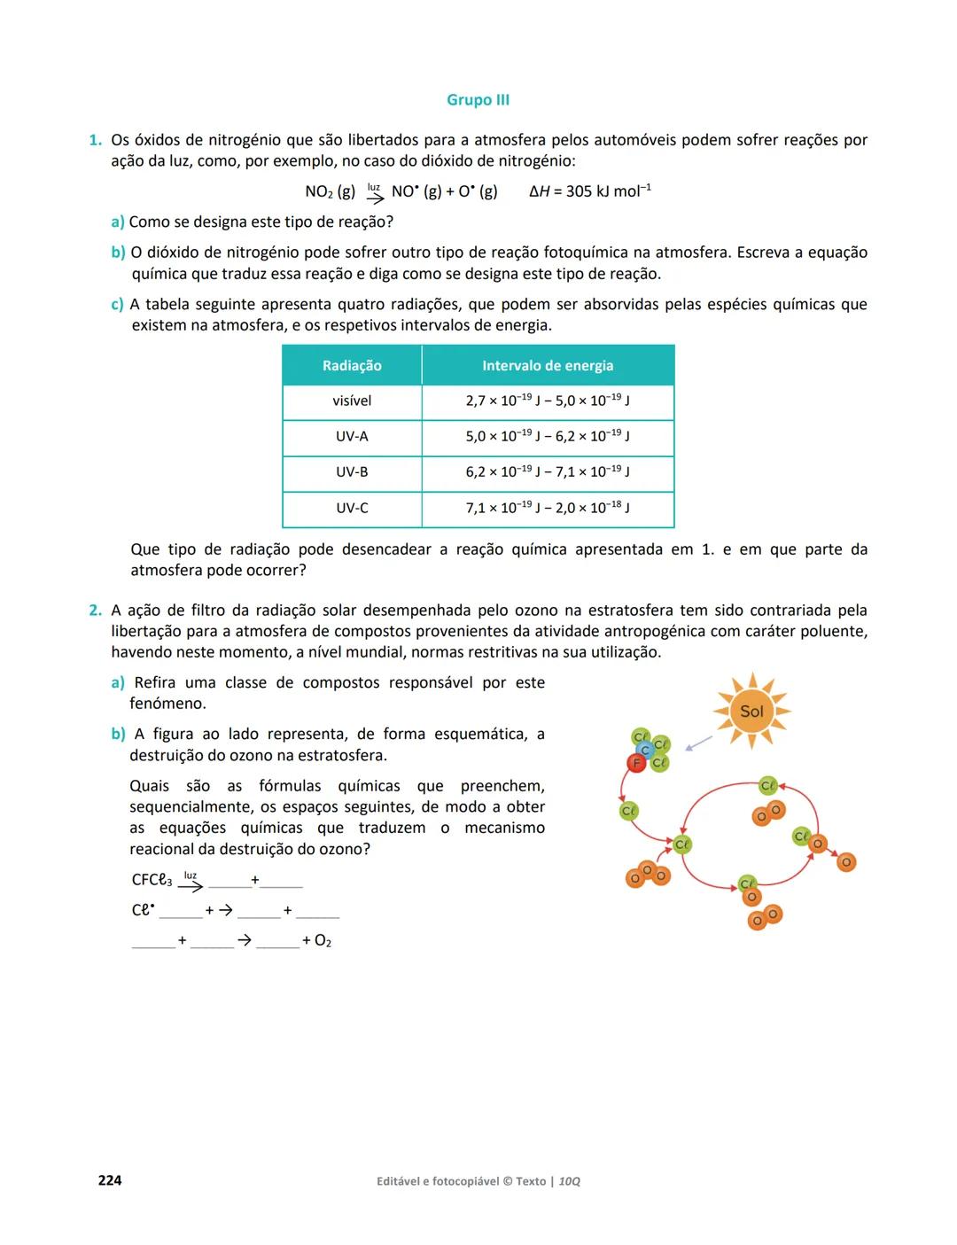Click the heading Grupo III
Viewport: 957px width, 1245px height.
[x=478, y=100]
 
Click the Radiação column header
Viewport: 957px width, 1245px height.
[x=352, y=366]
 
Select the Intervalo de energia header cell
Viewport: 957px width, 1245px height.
[x=548, y=366]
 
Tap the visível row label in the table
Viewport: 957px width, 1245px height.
[x=352, y=401]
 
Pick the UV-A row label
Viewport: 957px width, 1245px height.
[x=352, y=437]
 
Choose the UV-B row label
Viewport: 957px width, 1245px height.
[x=352, y=472]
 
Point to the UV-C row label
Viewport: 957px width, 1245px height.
[x=352, y=509]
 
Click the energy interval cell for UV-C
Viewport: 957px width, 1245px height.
[x=548, y=509]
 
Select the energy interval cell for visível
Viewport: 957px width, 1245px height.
[x=548, y=401]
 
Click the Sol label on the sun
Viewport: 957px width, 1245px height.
[x=751, y=712]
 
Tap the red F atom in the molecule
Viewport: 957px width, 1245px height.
[x=635, y=763]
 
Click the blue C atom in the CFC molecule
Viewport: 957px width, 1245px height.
[x=646, y=751]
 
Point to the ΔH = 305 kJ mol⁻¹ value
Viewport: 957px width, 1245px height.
[x=590, y=191]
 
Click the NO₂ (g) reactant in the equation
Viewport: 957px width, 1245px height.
[x=330, y=191]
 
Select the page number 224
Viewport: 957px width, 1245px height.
[x=110, y=1180]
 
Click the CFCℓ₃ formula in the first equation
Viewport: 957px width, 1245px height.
[x=152, y=881]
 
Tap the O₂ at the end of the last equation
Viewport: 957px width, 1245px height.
[x=323, y=941]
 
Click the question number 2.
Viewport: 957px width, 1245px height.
[x=94, y=611]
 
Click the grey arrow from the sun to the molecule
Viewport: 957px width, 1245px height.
[x=699, y=743]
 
